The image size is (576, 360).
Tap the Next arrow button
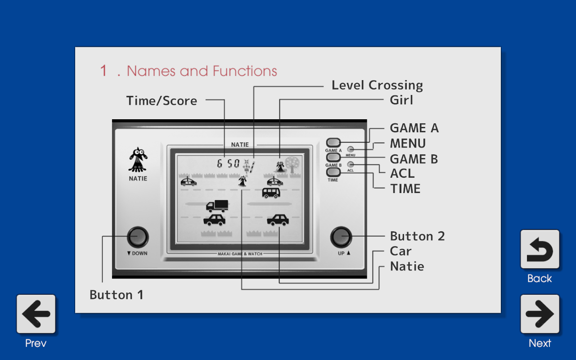540,314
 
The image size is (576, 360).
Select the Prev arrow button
36,314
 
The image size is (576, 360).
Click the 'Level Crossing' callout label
377,85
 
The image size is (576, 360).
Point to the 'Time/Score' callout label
162,101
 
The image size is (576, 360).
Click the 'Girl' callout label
401,100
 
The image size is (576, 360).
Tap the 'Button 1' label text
117,295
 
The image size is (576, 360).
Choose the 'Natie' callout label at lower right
407,266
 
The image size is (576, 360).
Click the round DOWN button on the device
138,237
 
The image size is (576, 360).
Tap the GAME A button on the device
333,143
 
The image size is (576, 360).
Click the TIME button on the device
333,172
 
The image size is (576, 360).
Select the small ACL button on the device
351,165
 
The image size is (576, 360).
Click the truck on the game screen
217,206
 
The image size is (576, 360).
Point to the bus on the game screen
271,193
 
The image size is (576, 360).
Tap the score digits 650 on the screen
229,163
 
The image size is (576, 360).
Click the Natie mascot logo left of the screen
138,160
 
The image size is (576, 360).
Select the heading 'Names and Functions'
202,71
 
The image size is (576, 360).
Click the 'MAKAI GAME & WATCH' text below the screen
240,254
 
